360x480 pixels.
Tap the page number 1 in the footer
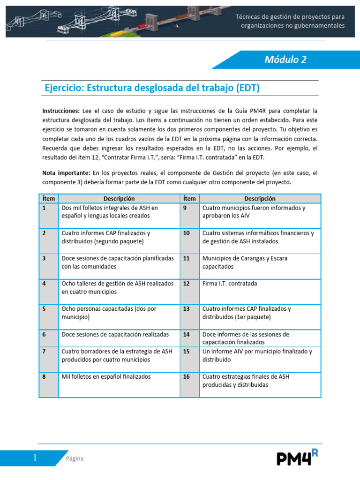click(35, 458)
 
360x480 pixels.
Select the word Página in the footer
click(74, 458)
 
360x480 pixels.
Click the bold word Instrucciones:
click(61, 111)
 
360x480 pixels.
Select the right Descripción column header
click(260, 199)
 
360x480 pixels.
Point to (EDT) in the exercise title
click(248, 88)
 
